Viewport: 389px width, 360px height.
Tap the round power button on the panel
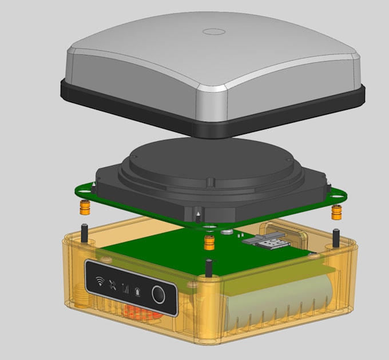pyautogui.click(x=158, y=295)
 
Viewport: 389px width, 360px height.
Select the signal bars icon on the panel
pyautogui.click(x=125, y=288)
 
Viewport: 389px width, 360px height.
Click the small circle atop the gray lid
pyautogui.click(x=215, y=32)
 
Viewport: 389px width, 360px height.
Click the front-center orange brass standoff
pyautogui.click(x=210, y=242)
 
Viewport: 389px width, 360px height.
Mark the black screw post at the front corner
pyautogui.click(x=209, y=267)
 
